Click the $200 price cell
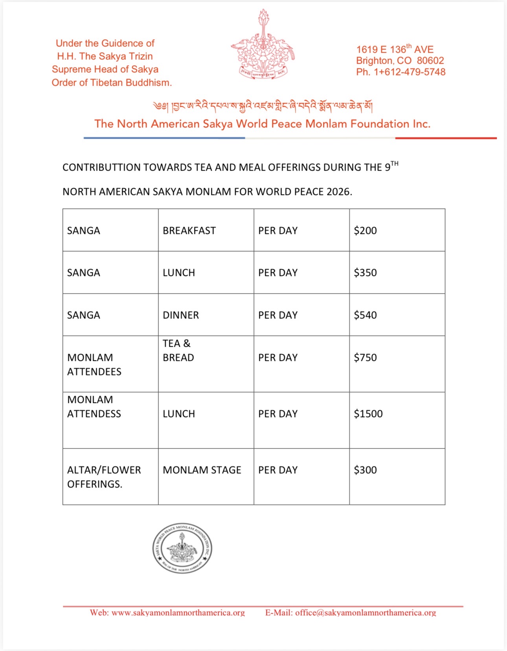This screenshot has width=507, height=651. click(365, 230)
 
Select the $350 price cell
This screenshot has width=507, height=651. click(365, 272)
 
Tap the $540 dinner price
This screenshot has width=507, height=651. click(365, 315)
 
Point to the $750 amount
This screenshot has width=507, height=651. click(365, 357)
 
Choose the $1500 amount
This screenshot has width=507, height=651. click(368, 414)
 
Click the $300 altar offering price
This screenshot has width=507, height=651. click(365, 470)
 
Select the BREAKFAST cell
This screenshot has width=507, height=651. click(189, 230)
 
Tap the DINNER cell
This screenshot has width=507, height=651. click(181, 315)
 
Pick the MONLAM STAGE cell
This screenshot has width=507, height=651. click(202, 470)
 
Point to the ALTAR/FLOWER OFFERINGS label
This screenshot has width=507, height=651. click(104, 477)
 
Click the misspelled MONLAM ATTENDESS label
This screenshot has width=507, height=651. click(94, 406)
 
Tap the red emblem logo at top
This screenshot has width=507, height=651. click(263, 45)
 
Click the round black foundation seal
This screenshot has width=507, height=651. click(182, 548)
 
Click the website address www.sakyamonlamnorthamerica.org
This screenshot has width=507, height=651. click(178, 612)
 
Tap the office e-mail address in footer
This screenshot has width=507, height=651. click(366, 612)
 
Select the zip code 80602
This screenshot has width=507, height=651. click(430, 61)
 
